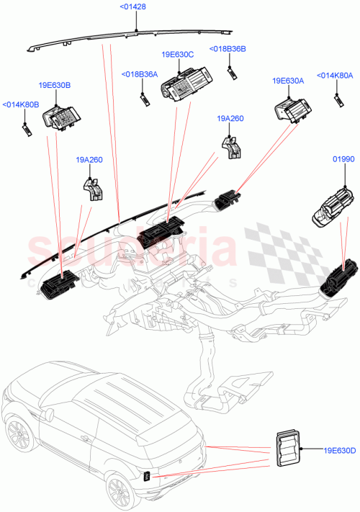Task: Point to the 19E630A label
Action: click(288, 81)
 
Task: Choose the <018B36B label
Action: click(228, 49)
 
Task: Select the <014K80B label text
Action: click(21, 104)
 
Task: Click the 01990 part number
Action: click(342, 158)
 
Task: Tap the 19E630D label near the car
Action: click(340, 451)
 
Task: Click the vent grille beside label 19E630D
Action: click(289, 451)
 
